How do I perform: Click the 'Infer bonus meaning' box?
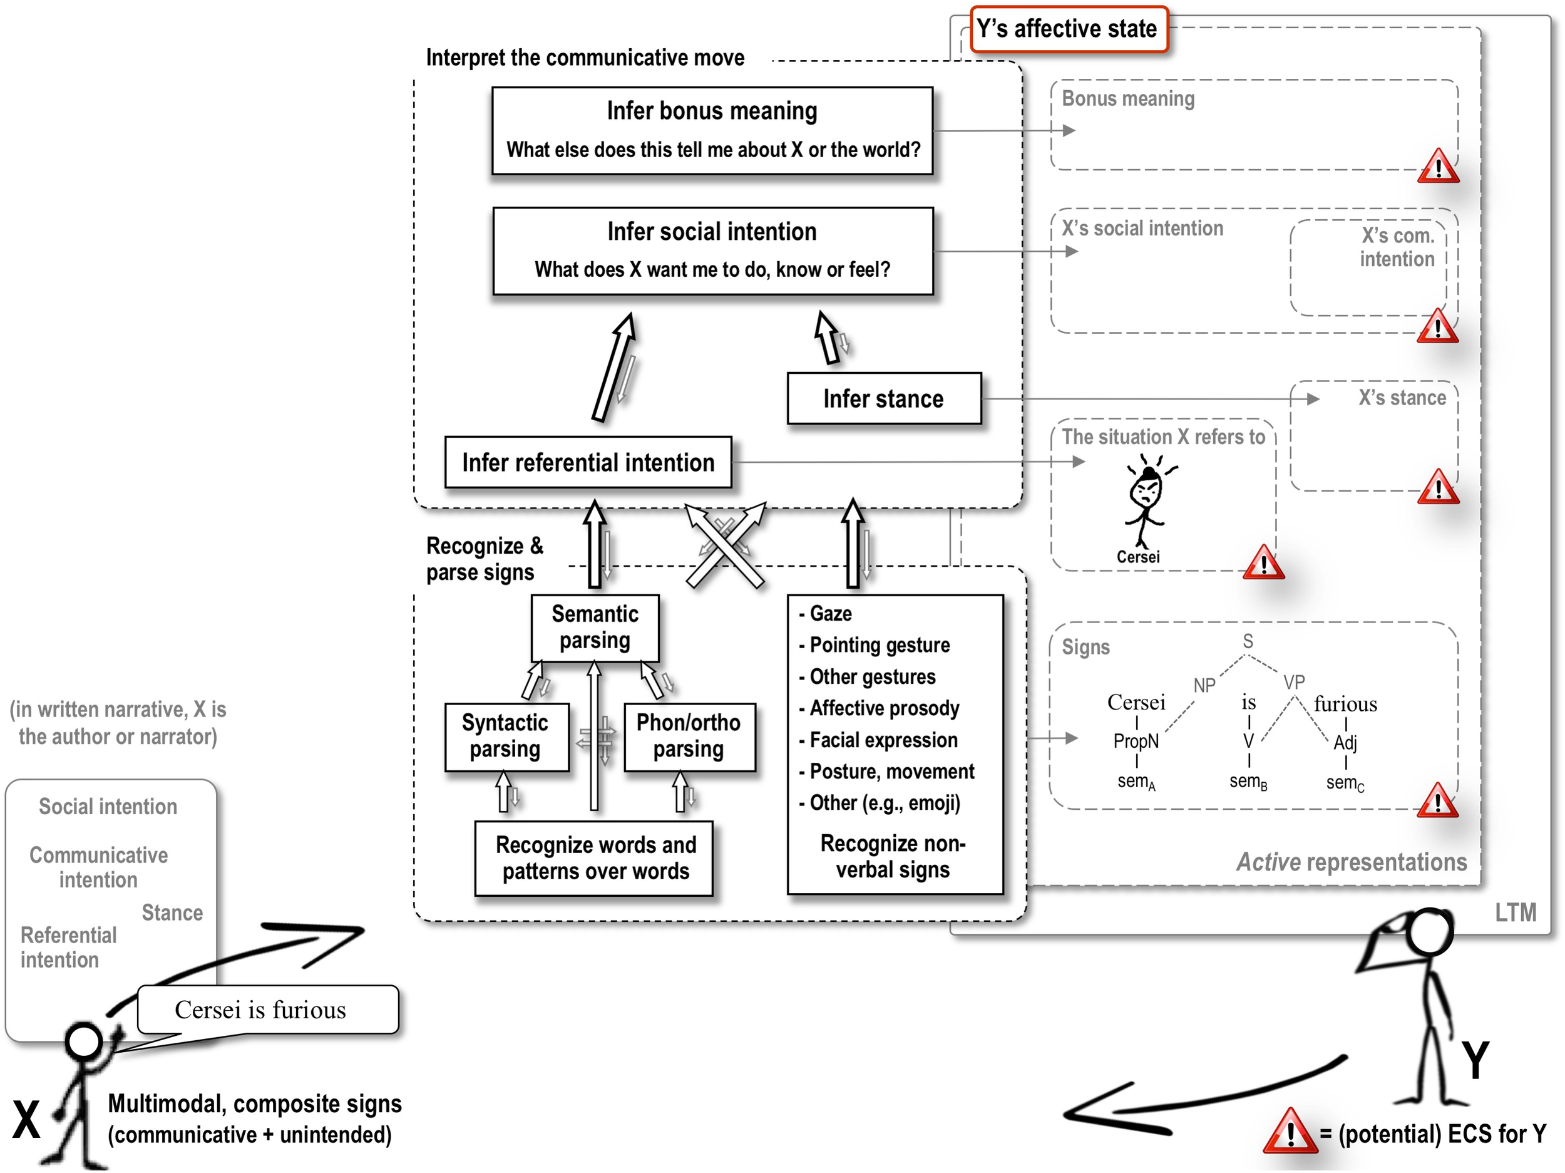click(712, 130)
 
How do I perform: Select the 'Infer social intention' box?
click(712, 251)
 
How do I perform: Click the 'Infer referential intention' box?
click(588, 462)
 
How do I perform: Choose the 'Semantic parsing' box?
click(594, 627)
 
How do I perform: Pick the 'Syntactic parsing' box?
click(505, 736)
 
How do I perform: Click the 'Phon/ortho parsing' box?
click(689, 736)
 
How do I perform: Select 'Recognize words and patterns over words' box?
click(595, 858)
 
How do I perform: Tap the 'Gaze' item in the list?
click(830, 613)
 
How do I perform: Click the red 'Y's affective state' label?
click(1067, 29)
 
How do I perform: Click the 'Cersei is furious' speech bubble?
click(267, 1010)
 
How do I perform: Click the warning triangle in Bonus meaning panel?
click(1438, 168)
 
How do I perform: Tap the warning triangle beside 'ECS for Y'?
click(1289, 1133)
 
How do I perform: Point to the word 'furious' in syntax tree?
click(1345, 705)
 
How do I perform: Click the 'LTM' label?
click(1515, 912)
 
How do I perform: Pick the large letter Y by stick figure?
click(1476, 1060)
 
